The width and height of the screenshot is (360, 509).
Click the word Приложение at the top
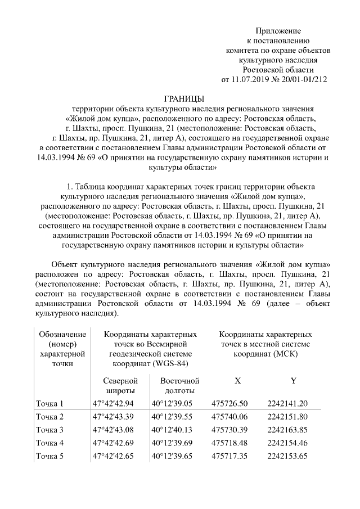tap(278, 30)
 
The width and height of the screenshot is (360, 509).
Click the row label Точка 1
tap(50, 403)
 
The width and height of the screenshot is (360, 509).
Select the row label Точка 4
tap(50, 442)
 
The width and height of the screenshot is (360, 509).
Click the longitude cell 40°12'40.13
tap(172, 430)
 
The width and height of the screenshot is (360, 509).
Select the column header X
tap(238, 381)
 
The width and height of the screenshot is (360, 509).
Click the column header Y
tap(293, 381)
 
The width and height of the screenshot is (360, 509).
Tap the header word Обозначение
tap(62, 334)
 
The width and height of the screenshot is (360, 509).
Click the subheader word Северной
tap(121, 381)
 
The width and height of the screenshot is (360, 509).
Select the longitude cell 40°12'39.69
tap(172, 442)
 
